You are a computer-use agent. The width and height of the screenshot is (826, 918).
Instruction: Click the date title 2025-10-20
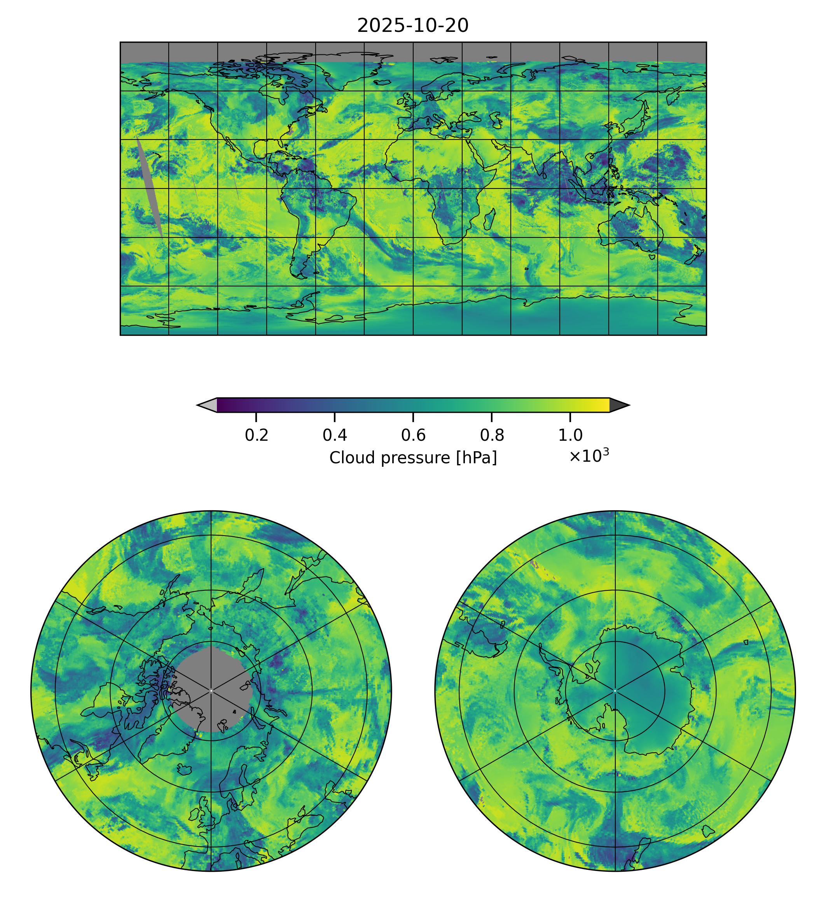pyautogui.click(x=412, y=26)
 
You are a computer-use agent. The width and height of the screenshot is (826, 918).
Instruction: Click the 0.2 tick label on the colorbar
pyautogui.click(x=257, y=435)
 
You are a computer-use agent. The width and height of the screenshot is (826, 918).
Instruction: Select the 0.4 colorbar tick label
pyautogui.click(x=335, y=435)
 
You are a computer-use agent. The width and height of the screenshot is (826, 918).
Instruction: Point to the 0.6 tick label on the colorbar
pyautogui.click(x=413, y=435)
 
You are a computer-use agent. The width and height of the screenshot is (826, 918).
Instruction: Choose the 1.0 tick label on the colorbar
pyautogui.click(x=570, y=435)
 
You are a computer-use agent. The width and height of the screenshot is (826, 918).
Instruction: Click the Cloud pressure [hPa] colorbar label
pyautogui.click(x=413, y=458)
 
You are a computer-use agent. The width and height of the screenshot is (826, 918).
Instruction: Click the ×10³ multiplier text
pyautogui.click(x=589, y=456)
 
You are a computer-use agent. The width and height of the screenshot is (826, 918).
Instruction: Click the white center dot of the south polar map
pyautogui.click(x=615, y=691)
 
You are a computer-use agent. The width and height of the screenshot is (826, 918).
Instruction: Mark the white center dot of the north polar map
pyautogui.click(x=211, y=691)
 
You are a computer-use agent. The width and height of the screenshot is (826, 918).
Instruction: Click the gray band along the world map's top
pyautogui.click(x=412, y=52)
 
